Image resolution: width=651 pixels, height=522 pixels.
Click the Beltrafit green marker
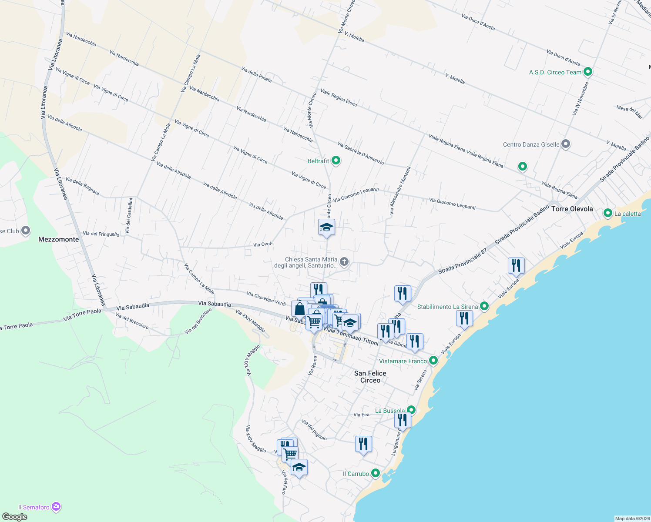[336, 161]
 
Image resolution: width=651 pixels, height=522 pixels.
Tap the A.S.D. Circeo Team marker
[588, 72]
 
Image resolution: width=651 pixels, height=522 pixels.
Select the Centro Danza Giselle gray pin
[565, 144]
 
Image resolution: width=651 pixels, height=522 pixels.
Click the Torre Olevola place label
[572, 209]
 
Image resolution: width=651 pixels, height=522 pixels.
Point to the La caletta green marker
[608, 213]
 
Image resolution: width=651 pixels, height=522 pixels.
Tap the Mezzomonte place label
[59, 239]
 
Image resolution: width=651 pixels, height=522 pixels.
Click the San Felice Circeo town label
[370, 377]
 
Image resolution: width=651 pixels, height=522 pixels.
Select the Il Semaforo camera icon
[56, 507]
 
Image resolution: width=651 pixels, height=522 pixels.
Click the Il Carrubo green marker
[375, 473]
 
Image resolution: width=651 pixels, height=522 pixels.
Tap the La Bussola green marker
[411, 410]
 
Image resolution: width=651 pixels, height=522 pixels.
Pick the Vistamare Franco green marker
[433, 361]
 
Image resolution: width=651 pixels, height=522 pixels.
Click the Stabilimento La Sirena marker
[484, 306]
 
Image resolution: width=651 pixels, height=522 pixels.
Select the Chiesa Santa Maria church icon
[344, 262]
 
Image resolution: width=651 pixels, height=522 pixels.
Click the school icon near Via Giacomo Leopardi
[326, 227]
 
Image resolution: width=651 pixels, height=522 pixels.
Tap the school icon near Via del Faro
[299, 468]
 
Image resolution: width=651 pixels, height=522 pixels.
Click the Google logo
[14, 517]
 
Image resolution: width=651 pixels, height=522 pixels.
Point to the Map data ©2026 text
[632, 519]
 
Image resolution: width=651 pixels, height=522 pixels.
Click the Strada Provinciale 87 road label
[462, 261]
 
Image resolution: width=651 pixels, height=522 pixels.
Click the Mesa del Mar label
[629, 112]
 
